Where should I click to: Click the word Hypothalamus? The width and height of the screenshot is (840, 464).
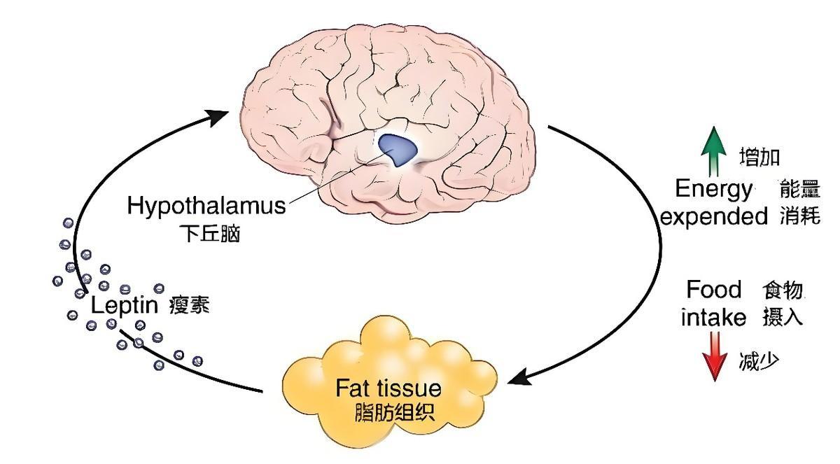click(206, 206)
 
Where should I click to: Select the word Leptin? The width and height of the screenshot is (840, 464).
click(126, 307)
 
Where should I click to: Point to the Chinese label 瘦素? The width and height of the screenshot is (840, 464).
click(189, 307)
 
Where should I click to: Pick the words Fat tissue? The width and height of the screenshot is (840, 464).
click(388, 387)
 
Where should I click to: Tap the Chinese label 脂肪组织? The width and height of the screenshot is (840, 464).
click(395, 412)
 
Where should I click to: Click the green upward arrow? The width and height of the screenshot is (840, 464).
click(713, 150)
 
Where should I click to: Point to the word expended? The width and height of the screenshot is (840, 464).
click(714, 216)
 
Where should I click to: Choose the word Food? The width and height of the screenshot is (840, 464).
click(713, 289)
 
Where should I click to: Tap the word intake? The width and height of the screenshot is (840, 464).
click(714, 317)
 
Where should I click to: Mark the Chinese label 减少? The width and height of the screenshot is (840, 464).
click(758, 362)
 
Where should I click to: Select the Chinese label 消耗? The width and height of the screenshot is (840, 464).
click(799, 216)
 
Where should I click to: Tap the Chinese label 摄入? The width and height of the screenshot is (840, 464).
click(782, 317)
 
